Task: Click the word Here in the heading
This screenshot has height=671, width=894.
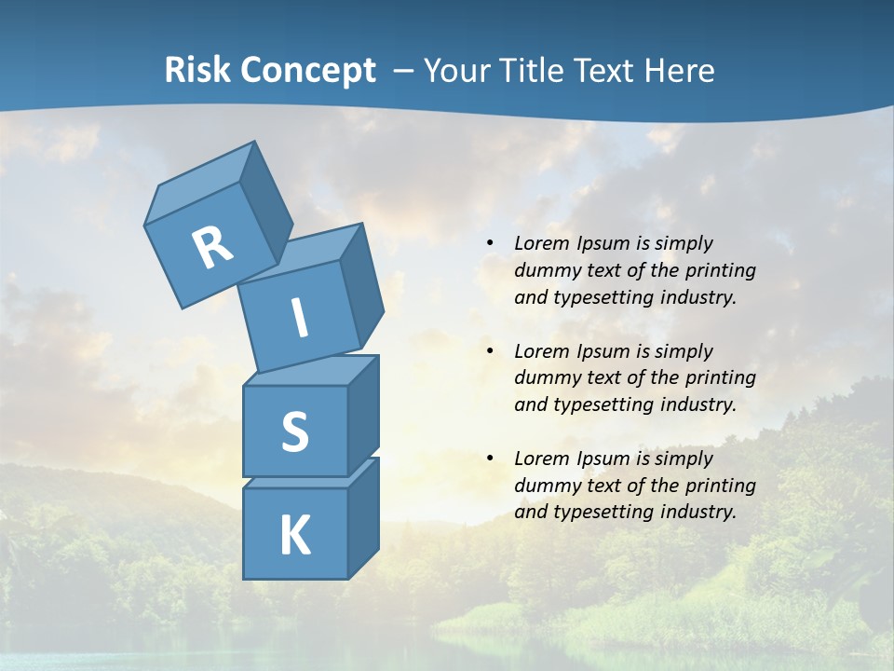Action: pyautogui.click(x=677, y=70)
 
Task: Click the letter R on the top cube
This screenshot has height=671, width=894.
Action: pyautogui.click(x=213, y=247)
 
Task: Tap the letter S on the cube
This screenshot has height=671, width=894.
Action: pyautogui.click(x=294, y=431)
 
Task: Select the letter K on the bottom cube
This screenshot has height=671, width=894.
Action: pyautogui.click(x=294, y=535)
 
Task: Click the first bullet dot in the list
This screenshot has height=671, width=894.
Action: pyautogui.click(x=490, y=244)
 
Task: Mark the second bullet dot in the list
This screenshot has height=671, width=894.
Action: pyautogui.click(x=490, y=352)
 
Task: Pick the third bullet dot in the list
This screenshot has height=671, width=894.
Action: pyautogui.click(x=490, y=459)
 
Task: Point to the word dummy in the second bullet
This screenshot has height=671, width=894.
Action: pyautogui.click(x=545, y=378)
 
